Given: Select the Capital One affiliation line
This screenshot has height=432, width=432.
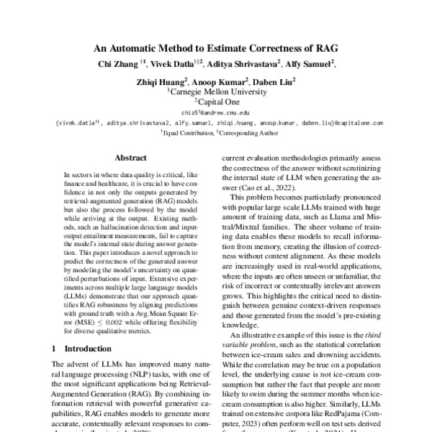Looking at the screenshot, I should [217, 102].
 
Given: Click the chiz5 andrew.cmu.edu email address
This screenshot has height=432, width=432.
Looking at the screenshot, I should [215, 113].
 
